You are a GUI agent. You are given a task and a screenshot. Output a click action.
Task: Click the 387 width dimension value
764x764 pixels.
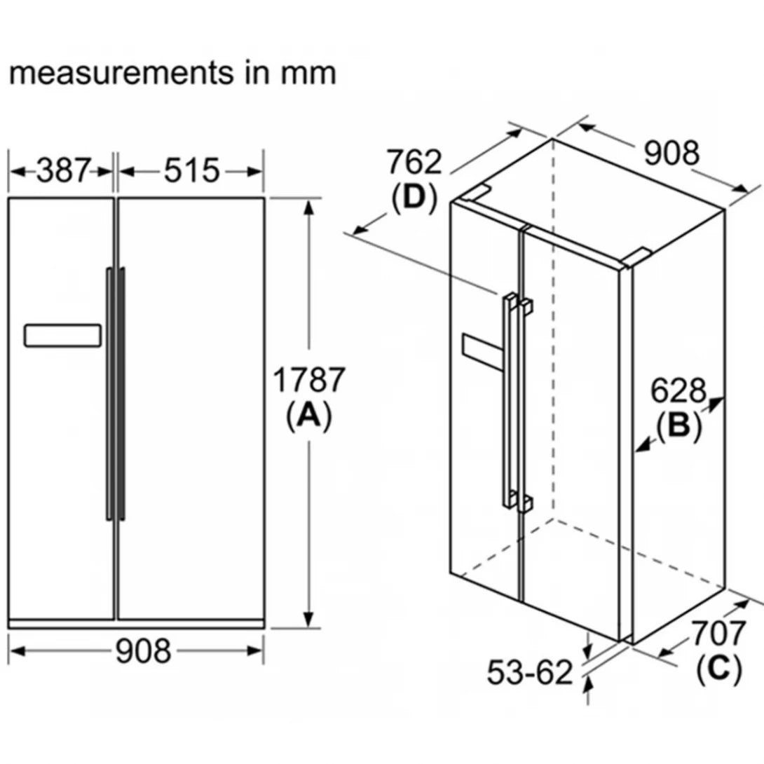pos(64,170)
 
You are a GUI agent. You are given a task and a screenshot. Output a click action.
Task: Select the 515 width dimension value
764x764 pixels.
pos(192,170)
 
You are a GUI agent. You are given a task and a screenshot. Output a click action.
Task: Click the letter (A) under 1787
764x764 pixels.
pos(308,416)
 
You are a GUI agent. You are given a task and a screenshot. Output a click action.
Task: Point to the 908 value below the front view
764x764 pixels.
pos(143,651)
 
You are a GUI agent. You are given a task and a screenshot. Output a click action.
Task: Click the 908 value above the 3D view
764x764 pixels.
pos(671,154)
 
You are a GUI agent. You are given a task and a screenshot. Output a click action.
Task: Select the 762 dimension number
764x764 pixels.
pos(415,163)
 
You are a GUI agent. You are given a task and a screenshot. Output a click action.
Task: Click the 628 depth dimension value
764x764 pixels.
pos(678,390)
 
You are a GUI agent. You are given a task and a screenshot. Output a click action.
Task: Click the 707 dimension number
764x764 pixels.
pos(718,634)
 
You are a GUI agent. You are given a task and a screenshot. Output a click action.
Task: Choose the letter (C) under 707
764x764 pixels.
pos(718,669)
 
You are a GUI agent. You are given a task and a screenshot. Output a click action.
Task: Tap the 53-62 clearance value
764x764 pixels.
pos(530,673)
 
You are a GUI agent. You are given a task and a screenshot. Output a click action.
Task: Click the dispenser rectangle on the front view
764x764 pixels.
pos(63,335)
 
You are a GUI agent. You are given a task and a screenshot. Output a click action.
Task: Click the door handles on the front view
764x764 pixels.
pos(116,393)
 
